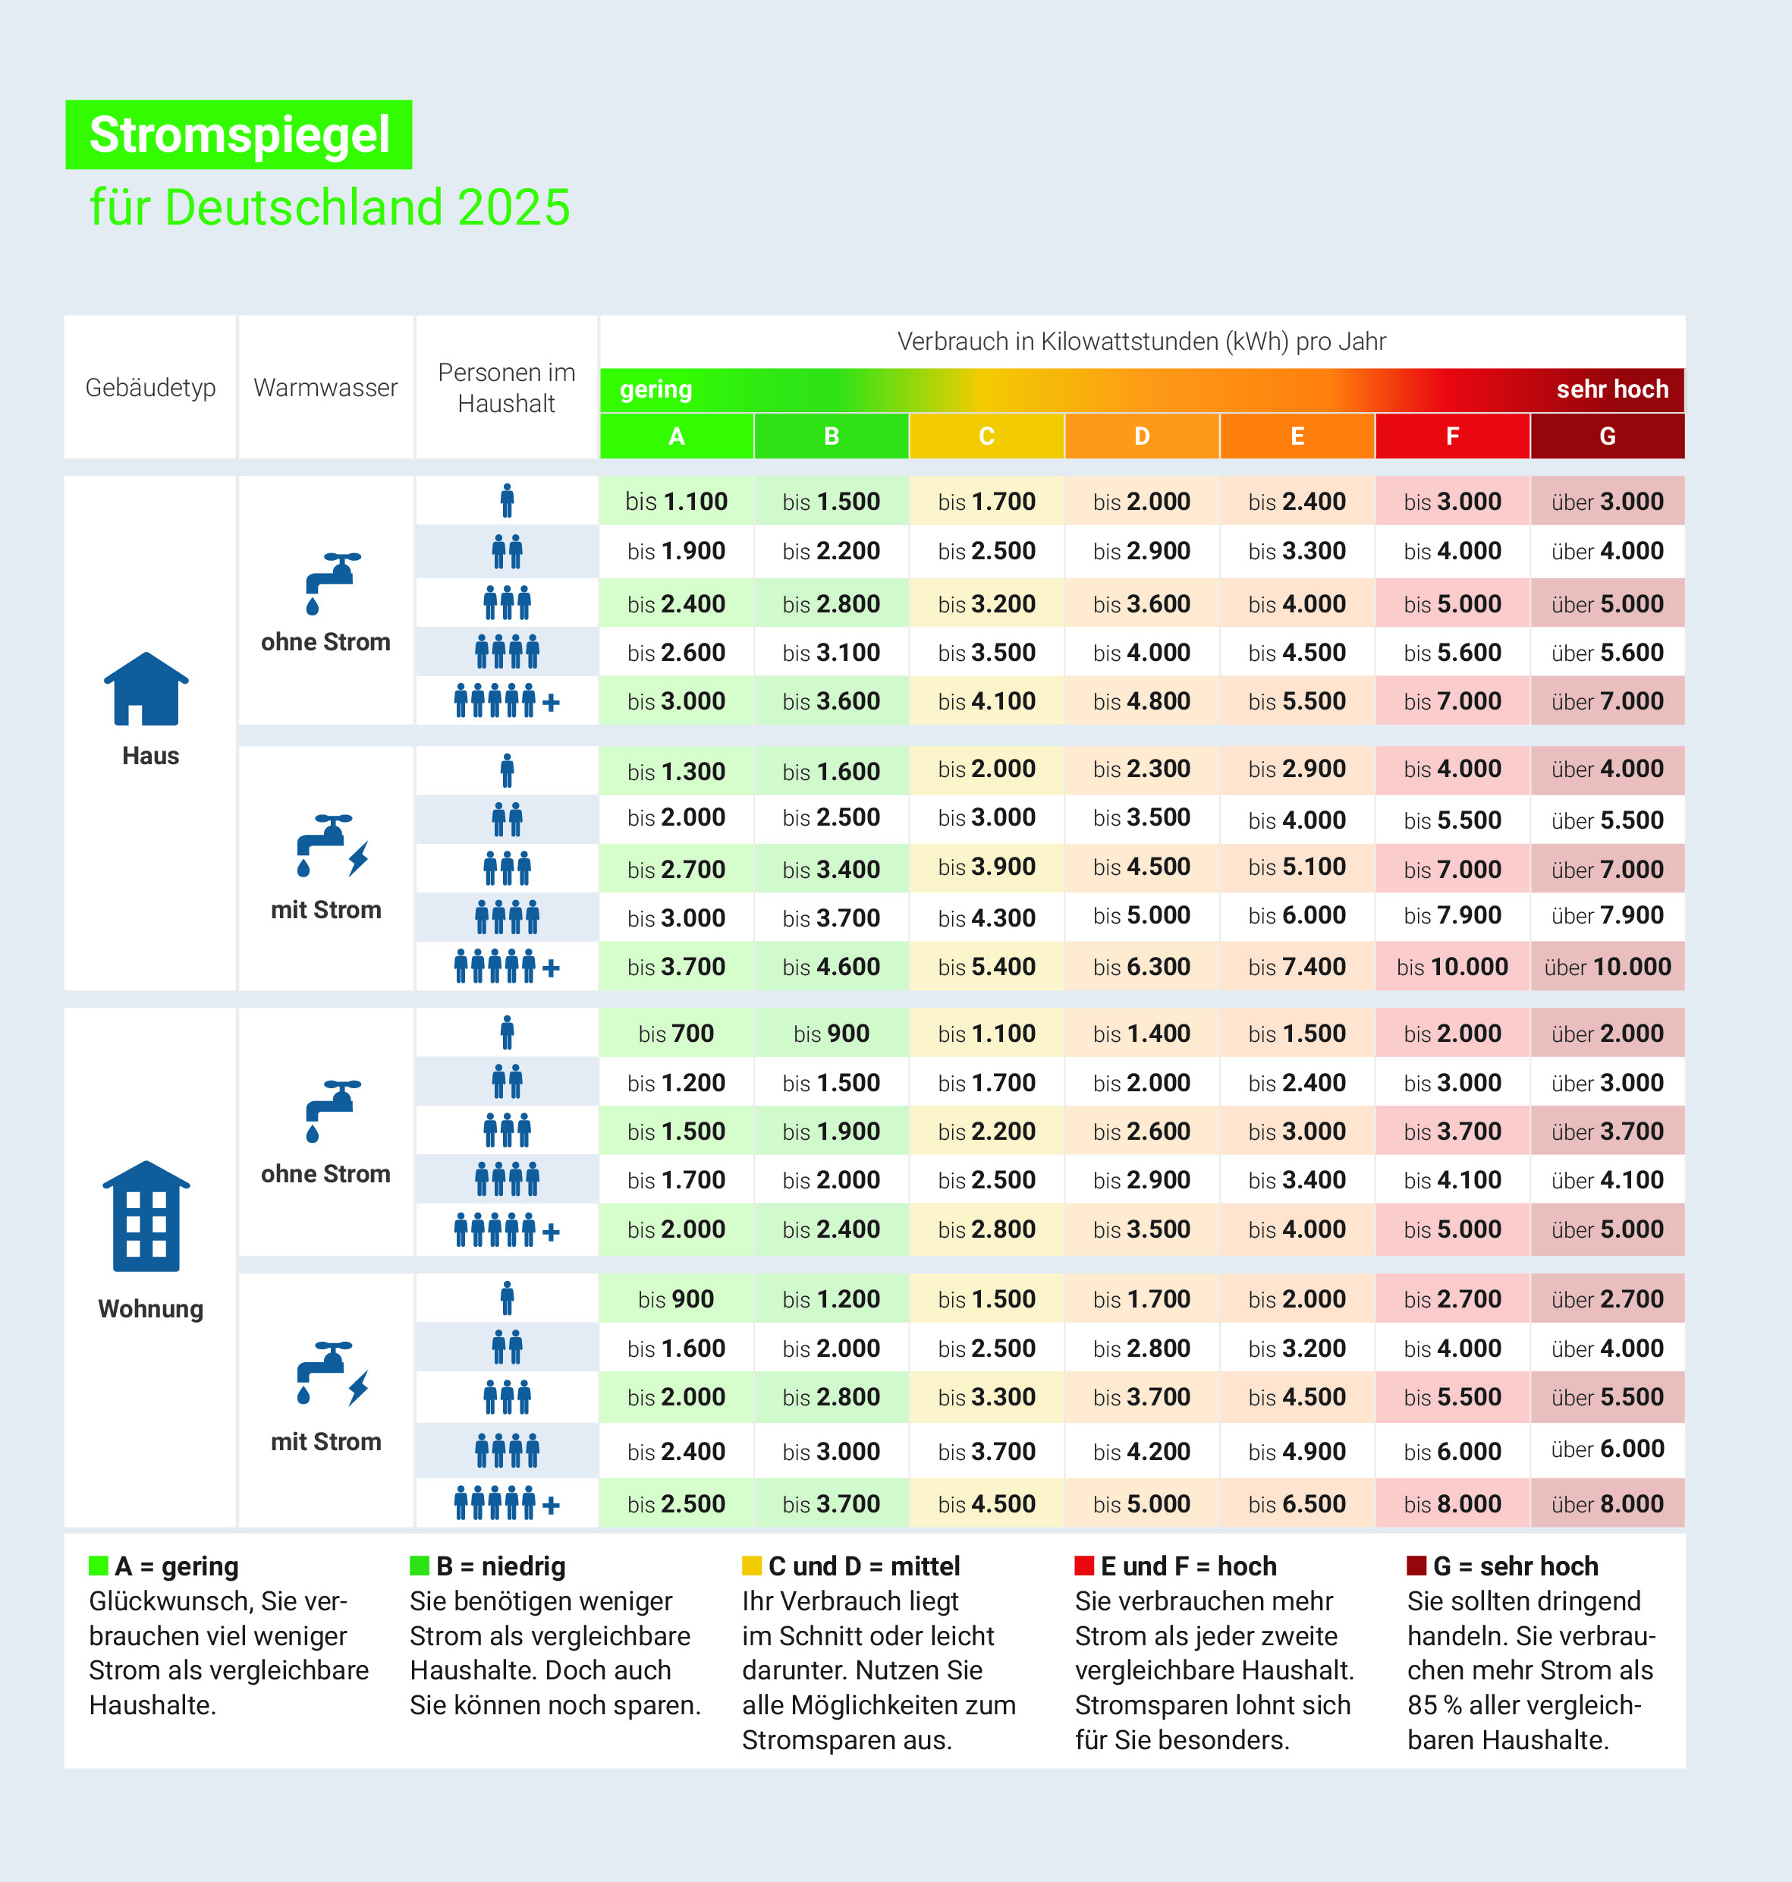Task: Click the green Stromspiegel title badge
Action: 239,135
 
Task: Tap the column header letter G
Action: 1608,436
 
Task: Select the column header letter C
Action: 987,436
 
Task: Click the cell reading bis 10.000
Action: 1452,967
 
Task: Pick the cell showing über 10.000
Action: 1608,967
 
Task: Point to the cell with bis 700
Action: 676,1034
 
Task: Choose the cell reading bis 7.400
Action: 1297,967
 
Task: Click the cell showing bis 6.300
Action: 1142,967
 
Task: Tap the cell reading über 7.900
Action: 1608,915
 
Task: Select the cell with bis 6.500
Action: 1297,1503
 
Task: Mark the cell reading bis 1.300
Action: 676,771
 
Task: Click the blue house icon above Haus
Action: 146,689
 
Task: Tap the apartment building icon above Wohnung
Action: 146,1216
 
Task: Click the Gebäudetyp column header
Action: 150,388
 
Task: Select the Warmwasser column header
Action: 325,388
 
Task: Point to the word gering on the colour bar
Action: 656,390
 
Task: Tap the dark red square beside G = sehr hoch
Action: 1416,1565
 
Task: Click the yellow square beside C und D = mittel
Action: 752,1565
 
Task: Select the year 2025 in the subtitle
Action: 514,207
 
